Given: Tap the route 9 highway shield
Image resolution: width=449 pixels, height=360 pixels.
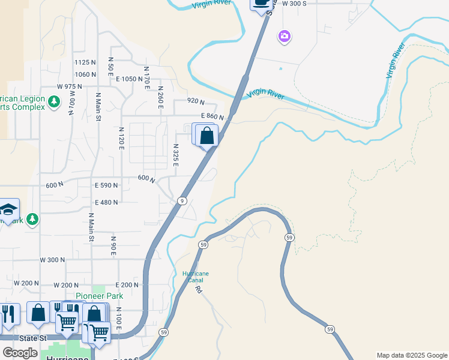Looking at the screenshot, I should (182, 200).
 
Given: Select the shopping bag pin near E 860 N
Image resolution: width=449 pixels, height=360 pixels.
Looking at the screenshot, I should (207, 136).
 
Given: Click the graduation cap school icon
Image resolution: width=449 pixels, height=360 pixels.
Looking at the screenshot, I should (8, 209).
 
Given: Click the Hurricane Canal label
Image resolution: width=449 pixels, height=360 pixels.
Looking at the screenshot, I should (196, 276).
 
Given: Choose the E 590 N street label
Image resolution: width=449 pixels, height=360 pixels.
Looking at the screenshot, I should (106, 185).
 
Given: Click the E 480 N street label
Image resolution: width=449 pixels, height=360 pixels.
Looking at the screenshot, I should (106, 202).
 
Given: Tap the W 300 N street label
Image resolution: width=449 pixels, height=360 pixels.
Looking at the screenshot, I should (52, 260).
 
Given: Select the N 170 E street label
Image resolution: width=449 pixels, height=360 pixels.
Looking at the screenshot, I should (146, 79).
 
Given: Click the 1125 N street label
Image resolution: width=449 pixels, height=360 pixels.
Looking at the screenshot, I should (85, 62).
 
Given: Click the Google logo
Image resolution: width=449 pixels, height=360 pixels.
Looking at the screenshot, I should (20, 352).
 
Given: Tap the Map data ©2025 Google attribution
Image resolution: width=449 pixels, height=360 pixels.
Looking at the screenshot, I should (411, 355).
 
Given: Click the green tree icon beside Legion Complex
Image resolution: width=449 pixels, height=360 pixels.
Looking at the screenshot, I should (54, 101).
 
